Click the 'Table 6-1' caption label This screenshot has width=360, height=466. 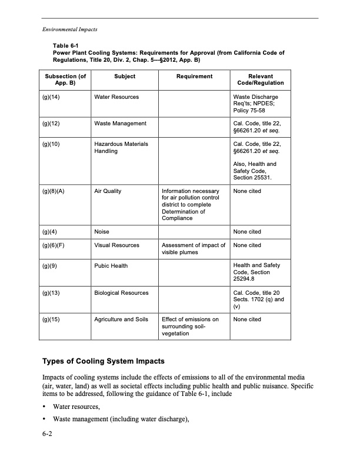65,46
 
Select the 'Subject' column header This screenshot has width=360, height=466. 125,76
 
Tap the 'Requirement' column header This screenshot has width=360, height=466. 194,76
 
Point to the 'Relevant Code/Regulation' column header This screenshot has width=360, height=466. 261,80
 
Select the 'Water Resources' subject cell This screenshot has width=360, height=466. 116,96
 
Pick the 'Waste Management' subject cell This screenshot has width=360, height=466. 120,123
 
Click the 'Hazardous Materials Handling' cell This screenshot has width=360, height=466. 121,147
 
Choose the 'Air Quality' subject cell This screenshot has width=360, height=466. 108,191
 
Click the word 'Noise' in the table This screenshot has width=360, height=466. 102,232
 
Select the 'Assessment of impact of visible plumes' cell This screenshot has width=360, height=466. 194,249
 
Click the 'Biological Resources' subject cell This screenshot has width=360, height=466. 121,292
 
